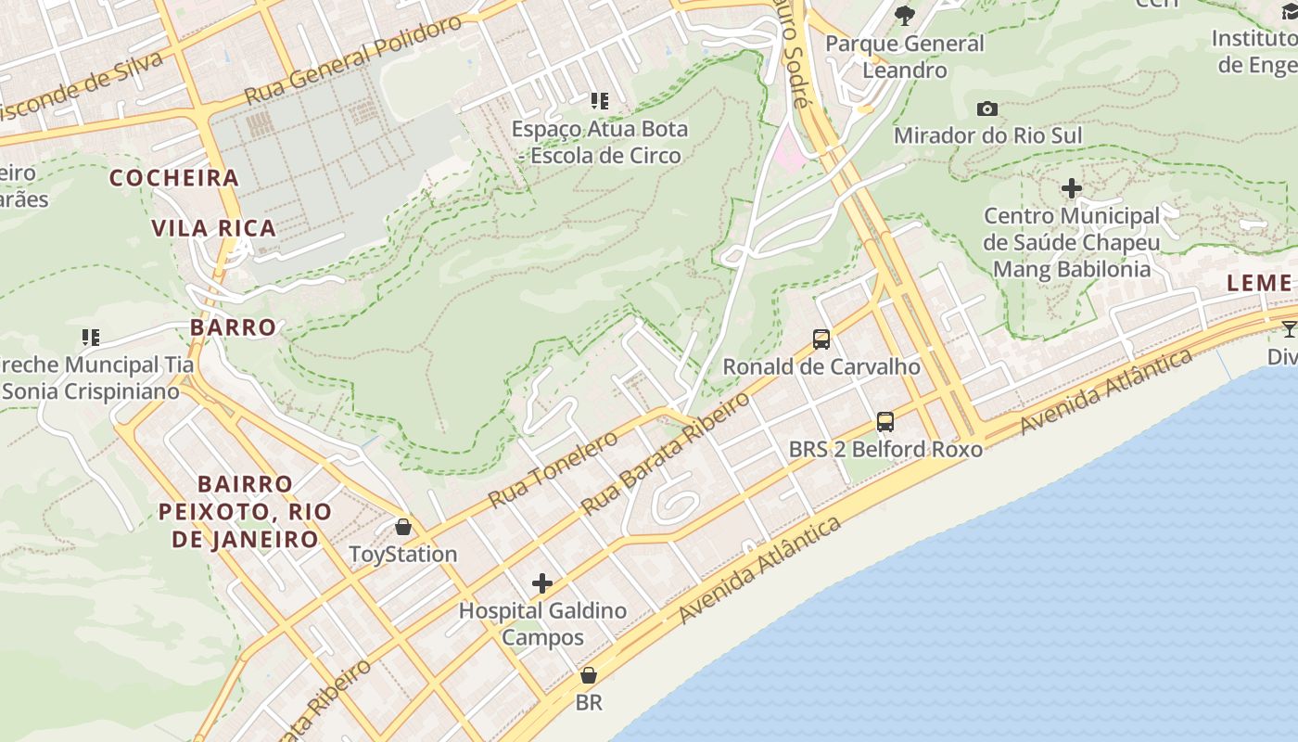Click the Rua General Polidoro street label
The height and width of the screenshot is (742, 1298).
352,60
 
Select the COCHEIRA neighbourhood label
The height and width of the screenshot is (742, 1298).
174,178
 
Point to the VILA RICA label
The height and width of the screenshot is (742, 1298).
214,228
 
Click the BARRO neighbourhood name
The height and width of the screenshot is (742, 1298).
234,327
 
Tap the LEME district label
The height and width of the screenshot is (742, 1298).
1258,284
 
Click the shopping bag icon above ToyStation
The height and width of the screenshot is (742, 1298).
403,527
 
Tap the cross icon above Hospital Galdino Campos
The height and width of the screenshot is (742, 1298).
542,583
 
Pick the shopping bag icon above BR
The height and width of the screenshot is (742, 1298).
588,675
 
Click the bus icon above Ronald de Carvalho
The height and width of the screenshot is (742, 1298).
821,339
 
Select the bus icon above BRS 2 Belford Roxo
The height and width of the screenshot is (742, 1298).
885,422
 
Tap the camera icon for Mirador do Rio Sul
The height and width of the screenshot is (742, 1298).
987,109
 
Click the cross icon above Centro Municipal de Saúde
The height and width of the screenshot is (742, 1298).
1072,189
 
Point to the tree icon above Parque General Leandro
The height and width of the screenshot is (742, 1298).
905,15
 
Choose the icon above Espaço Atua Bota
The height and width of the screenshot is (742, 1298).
599,101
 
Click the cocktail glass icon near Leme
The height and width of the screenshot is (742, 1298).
1289,328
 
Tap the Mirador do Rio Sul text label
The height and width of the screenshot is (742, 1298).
987,136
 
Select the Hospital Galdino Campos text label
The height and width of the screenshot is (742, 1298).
542,624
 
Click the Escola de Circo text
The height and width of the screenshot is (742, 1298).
605,156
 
